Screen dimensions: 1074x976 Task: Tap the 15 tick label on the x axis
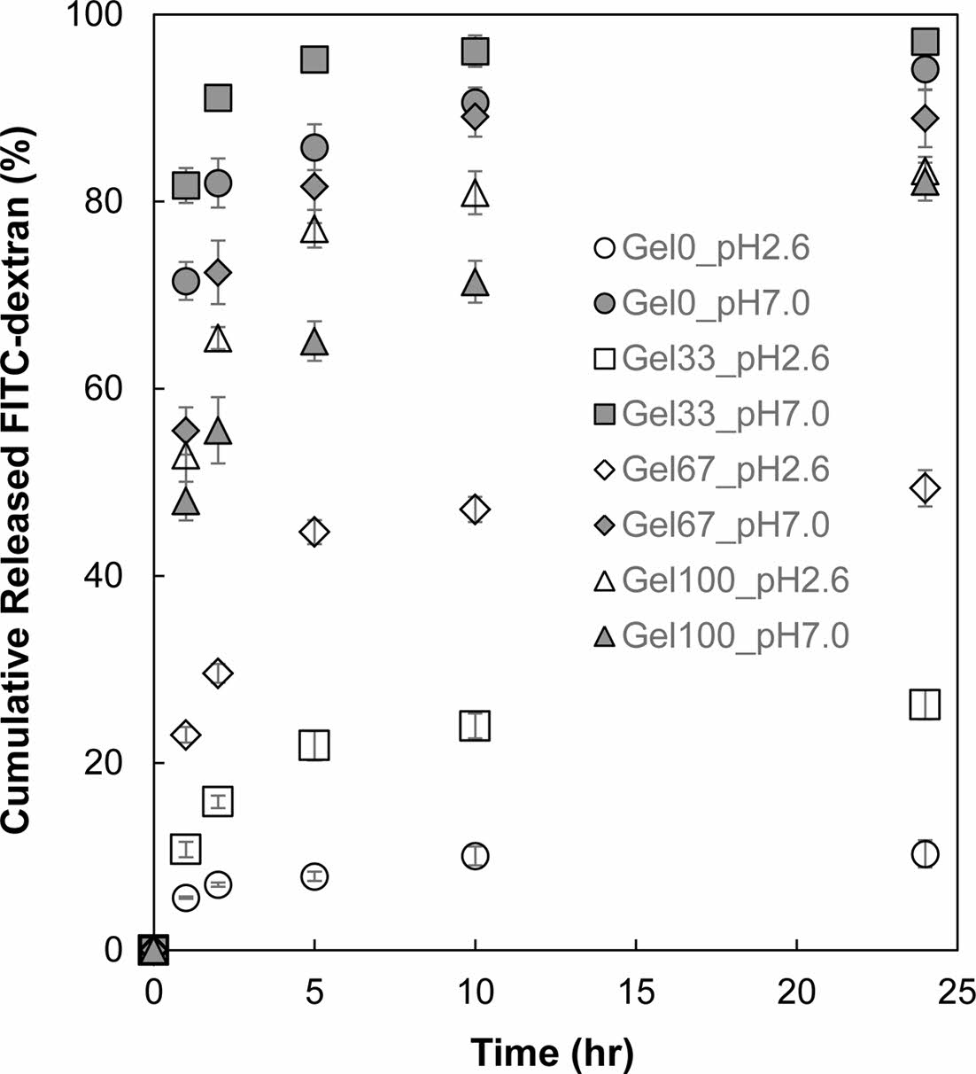pyautogui.click(x=636, y=991)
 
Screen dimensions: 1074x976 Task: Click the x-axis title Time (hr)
pyautogui.click(x=552, y=1053)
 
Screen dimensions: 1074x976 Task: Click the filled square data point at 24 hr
pyautogui.click(x=926, y=42)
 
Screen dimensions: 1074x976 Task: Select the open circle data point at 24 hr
pyautogui.click(x=926, y=854)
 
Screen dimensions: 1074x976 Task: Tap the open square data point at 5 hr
pyautogui.click(x=314, y=745)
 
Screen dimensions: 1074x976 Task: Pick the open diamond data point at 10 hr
pyautogui.click(x=476, y=510)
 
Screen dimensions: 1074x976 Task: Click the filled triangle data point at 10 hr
pyautogui.click(x=476, y=283)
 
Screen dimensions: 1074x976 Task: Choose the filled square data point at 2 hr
pyautogui.click(x=218, y=97)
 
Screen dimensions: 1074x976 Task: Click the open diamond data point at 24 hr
pyautogui.click(x=926, y=487)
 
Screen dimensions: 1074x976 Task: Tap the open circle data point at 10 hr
pyautogui.click(x=476, y=856)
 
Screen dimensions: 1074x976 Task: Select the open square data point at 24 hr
pyautogui.click(x=926, y=705)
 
